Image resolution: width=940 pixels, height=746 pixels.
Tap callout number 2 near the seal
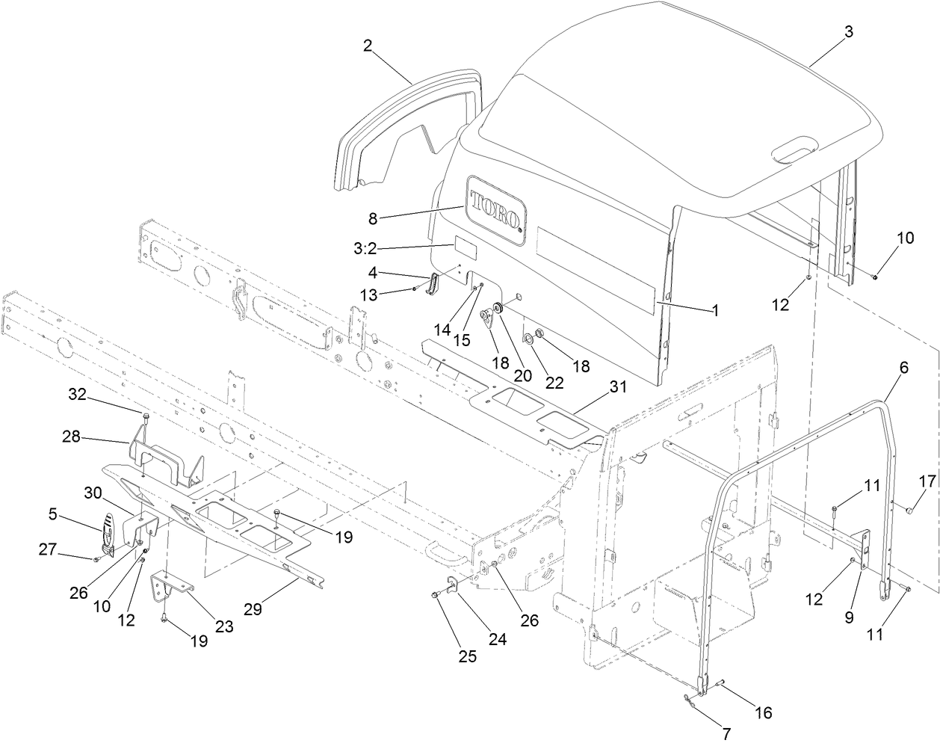pos(368,46)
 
